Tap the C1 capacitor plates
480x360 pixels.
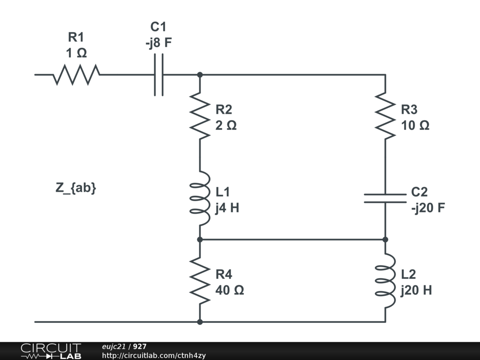159,75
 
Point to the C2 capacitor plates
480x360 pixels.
385,198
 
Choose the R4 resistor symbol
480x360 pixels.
200,281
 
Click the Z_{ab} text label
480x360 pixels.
76,188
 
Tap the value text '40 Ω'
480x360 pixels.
229,290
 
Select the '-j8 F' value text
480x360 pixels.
158,43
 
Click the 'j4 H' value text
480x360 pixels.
227,208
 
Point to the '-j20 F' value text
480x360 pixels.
428,208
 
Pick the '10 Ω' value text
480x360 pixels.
415,125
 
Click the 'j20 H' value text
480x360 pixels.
416,290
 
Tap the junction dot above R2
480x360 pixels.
200,75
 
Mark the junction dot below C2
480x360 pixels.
385,240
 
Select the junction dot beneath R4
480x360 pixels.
200,322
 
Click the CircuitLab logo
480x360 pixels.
51,351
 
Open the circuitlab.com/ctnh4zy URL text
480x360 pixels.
154,355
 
